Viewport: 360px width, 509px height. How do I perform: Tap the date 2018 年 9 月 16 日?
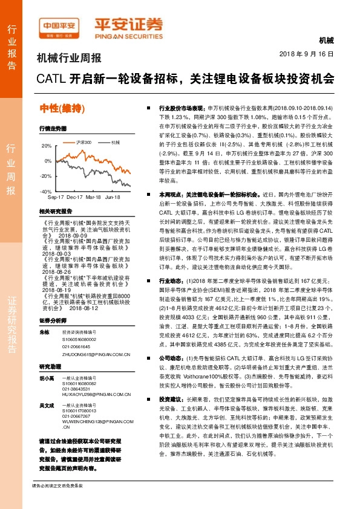click(x=306, y=54)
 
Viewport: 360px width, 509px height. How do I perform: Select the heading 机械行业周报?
click(x=69, y=58)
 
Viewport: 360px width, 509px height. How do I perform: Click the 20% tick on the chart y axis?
click(x=47, y=146)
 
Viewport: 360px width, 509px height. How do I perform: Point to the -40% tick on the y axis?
click(x=46, y=191)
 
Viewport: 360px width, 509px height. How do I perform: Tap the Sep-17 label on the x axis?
click(x=56, y=197)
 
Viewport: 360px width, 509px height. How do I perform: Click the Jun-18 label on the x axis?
click(x=113, y=197)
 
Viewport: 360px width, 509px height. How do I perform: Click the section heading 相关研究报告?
click(x=55, y=212)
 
